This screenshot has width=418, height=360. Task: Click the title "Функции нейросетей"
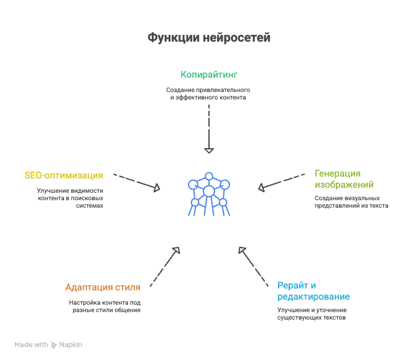click(x=209, y=37)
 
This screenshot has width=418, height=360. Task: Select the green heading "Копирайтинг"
click(x=209, y=75)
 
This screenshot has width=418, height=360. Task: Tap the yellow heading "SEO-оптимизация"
click(x=63, y=175)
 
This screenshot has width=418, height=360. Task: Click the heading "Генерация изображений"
click(x=344, y=179)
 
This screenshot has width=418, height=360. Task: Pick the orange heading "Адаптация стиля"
click(x=103, y=287)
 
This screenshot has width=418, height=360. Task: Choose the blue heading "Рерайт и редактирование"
click(x=313, y=291)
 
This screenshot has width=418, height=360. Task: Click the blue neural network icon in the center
click(x=209, y=194)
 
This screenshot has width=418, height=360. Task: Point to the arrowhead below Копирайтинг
click(x=209, y=150)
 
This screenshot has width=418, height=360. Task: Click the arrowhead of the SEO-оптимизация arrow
click(x=157, y=188)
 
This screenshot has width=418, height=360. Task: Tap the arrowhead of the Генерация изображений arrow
click(x=261, y=188)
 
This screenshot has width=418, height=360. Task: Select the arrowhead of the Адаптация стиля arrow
click(x=177, y=250)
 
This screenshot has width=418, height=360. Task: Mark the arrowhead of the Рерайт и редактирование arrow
click(x=242, y=250)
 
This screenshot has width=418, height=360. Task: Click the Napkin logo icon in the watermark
click(x=54, y=345)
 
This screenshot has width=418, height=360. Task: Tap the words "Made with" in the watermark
click(x=31, y=345)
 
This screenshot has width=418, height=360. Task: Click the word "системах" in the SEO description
click(x=90, y=206)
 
